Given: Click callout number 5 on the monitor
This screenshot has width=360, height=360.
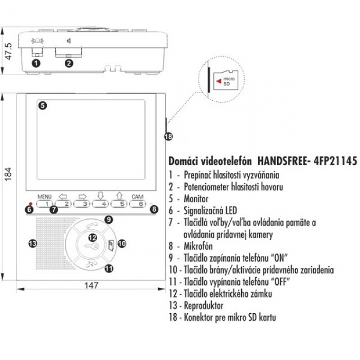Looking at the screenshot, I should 43,105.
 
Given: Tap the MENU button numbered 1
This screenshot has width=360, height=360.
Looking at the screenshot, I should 45,204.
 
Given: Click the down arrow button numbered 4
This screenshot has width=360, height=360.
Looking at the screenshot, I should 101,204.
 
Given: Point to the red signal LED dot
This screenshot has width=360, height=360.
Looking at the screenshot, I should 30,205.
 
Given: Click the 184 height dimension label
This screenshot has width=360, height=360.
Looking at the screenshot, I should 7,174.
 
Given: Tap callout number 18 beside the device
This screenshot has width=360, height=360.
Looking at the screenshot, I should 168,136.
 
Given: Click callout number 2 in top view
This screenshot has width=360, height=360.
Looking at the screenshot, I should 69,63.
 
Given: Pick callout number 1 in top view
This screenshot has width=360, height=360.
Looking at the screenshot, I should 35,63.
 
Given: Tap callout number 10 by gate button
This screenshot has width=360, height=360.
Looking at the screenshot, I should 121,243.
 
